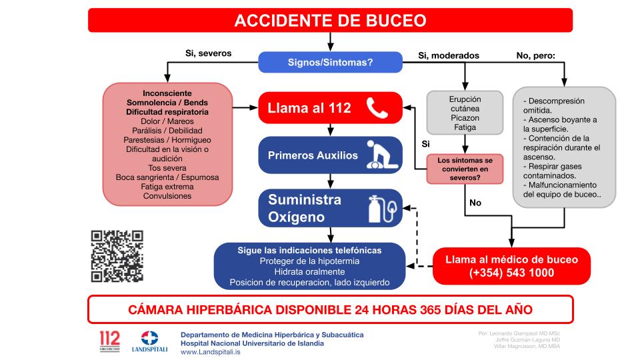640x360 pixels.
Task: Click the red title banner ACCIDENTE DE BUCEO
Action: tap(330, 20)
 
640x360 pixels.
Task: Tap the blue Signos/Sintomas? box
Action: tap(330, 63)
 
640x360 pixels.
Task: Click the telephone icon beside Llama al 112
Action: tap(378, 108)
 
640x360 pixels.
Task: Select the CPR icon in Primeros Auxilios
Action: tap(381, 155)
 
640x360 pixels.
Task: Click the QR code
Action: tap(117, 256)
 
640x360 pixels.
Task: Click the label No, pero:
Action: tap(535, 55)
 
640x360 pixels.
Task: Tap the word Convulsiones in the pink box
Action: tap(167, 196)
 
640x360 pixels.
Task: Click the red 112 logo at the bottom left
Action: tap(109, 340)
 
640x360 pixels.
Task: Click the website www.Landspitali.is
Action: tap(211, 351)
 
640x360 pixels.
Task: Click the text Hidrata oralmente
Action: tap(309, 271)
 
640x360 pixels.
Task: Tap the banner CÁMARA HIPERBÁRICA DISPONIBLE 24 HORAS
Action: tap(330, 310)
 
